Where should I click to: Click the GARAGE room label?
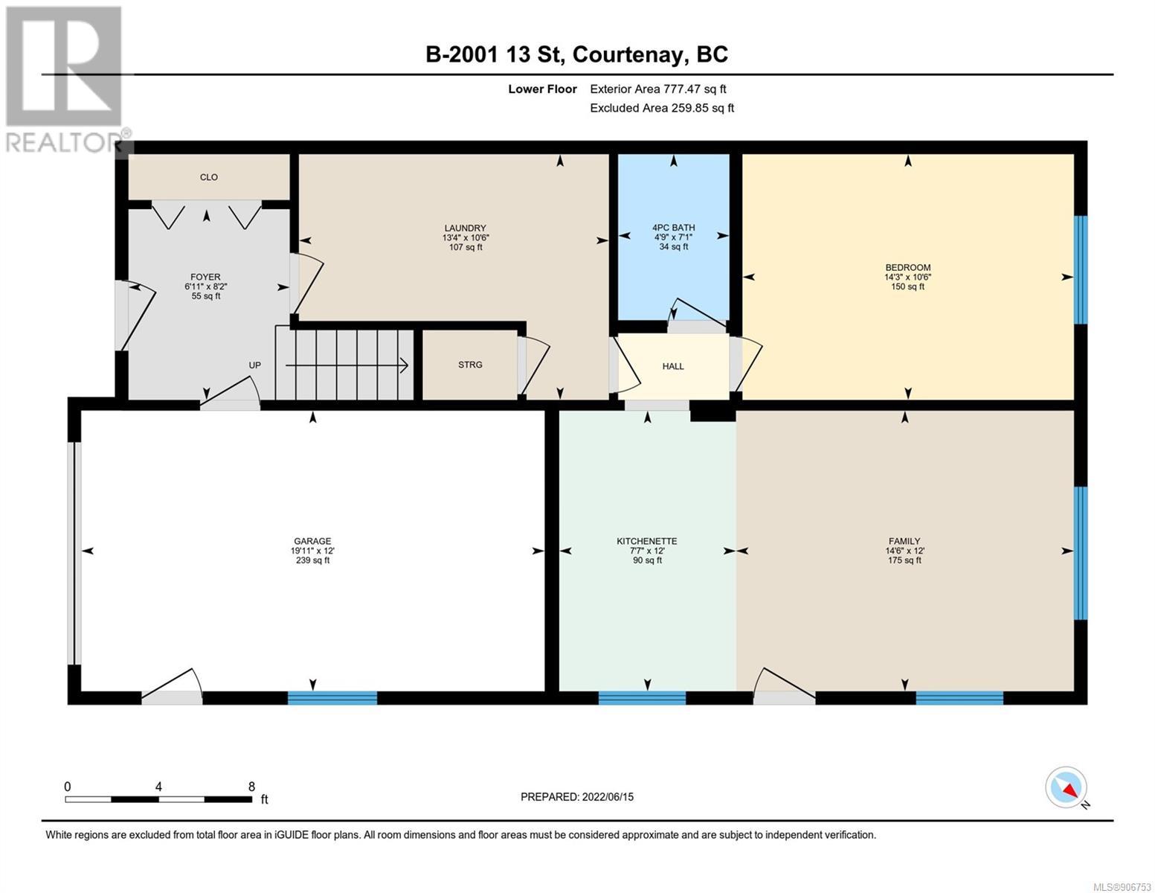click(312, 541)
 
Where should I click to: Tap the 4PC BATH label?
click(673, 228)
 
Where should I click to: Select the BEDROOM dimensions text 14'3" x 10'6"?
click(908, 277)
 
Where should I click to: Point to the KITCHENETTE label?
click(647, 541)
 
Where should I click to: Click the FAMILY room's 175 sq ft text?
click(904, 560)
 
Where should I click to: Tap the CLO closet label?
click(209, 177)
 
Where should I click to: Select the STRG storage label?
click(470, 365)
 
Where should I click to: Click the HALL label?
click(673, 366)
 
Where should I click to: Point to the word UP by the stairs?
click(255, 365)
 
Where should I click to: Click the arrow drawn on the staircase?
click(347, 365)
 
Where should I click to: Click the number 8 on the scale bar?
click(251, 787)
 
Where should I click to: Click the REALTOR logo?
click(66, 80)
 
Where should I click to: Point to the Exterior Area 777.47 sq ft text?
click(658, 89)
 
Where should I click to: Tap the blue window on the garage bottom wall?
click(332, 698)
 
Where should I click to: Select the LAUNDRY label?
click(466, 228)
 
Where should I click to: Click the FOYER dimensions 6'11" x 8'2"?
click(206, 287)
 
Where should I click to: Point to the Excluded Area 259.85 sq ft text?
click(662, 108)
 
